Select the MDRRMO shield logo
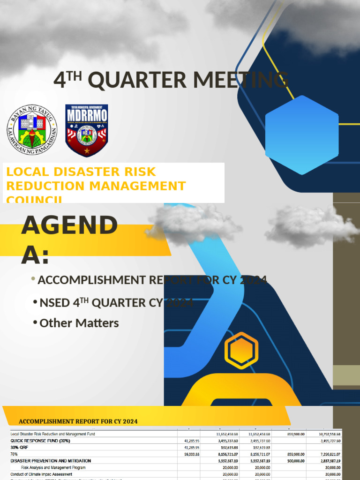pos(86,130)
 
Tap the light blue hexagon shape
pos(302,135)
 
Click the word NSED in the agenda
pos(54,303)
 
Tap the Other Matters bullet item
pos(79,323)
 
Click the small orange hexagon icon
pos(241,351)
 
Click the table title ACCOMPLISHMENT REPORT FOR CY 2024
pos(78,421)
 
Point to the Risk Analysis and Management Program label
pos(53,467)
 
